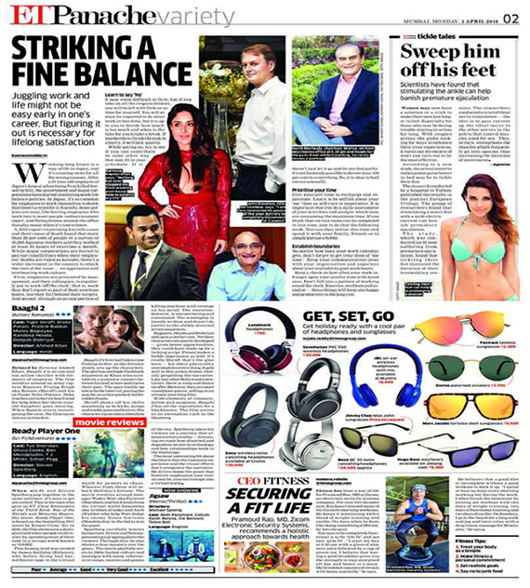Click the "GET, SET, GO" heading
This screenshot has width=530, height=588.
334,315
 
